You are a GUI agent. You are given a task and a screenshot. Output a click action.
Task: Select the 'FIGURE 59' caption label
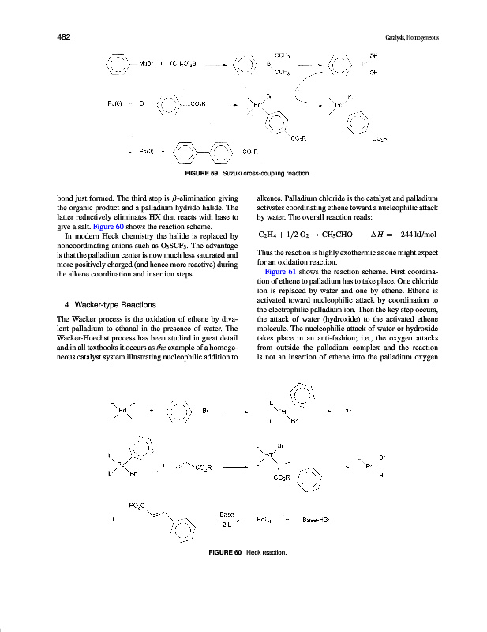click(200, 173)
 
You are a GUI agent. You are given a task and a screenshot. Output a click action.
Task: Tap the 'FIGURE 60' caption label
click(223, 551)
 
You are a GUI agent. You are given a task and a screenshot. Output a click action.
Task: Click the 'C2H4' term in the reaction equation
click(268, 235)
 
